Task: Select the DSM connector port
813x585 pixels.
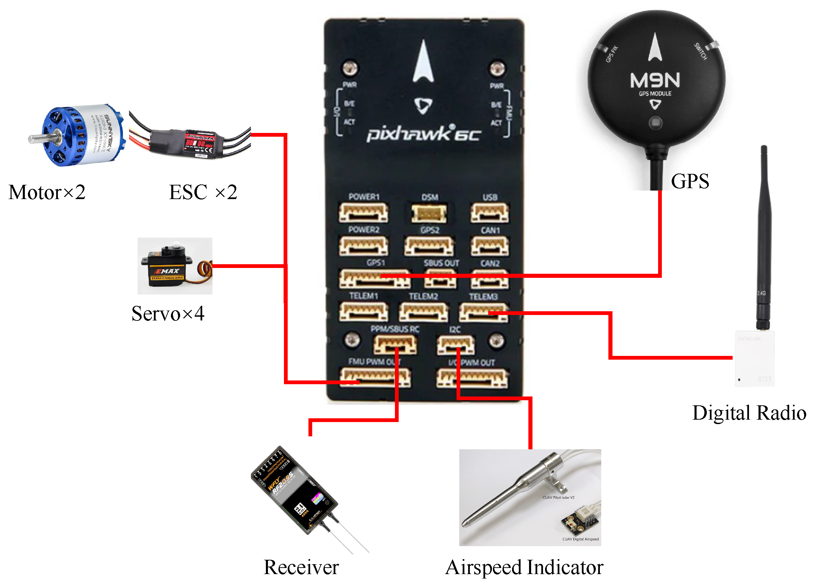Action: click(429, 213)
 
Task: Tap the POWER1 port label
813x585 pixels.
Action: click(364, 197)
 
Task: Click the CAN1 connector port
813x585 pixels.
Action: click(489, 246)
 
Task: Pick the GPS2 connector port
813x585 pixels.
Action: click(429, 246)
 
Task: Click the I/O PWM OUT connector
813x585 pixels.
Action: click(472, 379)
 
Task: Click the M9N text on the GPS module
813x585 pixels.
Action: click(655, 80)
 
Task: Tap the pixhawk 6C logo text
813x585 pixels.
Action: click(423, 134)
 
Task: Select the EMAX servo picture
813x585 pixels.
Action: click(175, 266)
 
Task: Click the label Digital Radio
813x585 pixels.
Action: click(749, 413)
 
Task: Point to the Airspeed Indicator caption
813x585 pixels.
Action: click(524, 567)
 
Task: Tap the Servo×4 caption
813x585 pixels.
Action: click(168, 314)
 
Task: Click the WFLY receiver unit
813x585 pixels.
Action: click(294, 490)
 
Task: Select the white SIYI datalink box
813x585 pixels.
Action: click(754, 359)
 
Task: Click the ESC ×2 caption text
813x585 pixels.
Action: click(203, 192)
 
